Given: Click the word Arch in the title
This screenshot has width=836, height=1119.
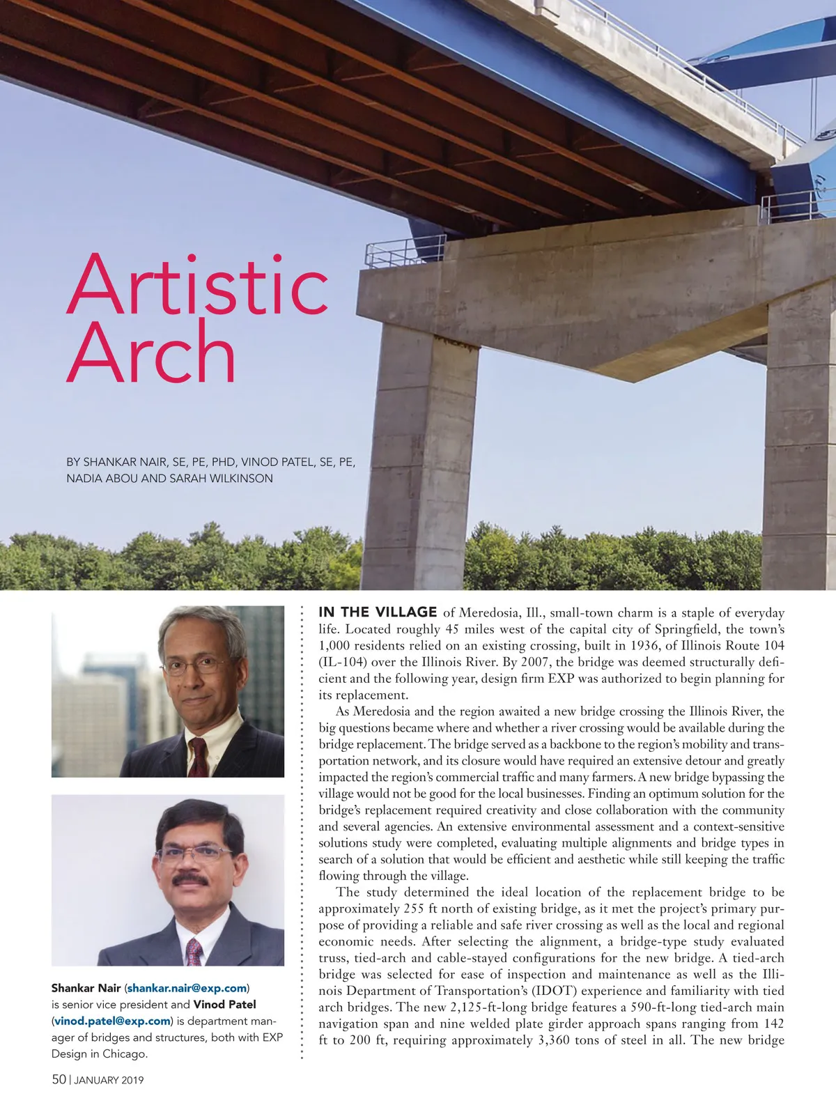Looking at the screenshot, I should pyautogui.click(x=152, y=353).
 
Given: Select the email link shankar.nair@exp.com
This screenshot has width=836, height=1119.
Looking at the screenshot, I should pyautogui.click(x=187, y=988).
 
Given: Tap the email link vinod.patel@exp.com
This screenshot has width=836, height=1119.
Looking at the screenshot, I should pyautogui.click(x=111, y=1021).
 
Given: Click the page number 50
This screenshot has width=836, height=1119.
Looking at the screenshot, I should pyautogui.click(x=59, y=1079).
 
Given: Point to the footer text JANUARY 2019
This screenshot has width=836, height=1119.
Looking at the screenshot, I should pyautogui.click(x=109, y=1080).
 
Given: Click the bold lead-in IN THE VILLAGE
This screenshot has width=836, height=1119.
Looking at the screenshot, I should pyautogui.click(x=378, y=612).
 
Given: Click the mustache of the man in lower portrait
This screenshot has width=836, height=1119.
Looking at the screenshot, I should pyautogui.click(x=190, y=880).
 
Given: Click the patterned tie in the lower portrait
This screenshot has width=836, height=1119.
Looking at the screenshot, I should pyautogui.click(x=194, y=952).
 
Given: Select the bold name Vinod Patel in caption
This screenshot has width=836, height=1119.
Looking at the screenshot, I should pyautogui.click(x=224, y=1004).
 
